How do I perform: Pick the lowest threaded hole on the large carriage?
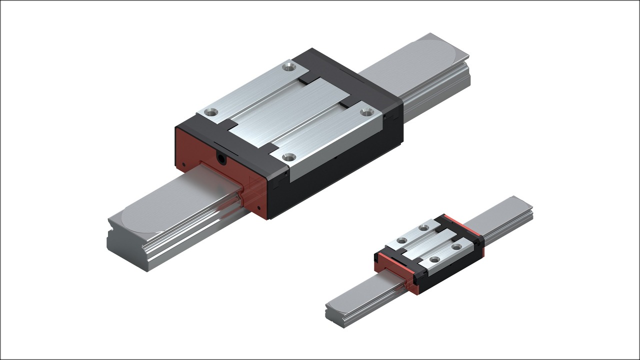pos(288,157)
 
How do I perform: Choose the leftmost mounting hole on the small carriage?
pos(401,240)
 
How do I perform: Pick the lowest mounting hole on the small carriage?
pos(434,259)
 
